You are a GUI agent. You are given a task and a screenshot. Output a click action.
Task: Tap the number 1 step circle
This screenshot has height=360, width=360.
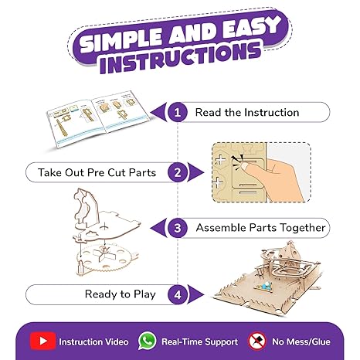(x=178, y=112)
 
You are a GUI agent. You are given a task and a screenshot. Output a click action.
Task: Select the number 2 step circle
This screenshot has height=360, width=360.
(x=178, y=171)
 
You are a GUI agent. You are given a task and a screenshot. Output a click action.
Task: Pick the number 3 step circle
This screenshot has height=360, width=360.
(x=178, y=228)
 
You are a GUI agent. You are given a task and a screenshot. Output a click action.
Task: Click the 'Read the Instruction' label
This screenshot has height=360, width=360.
(x=246, y=112)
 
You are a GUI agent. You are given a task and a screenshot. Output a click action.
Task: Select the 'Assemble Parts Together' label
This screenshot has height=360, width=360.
(x=261, y=228)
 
